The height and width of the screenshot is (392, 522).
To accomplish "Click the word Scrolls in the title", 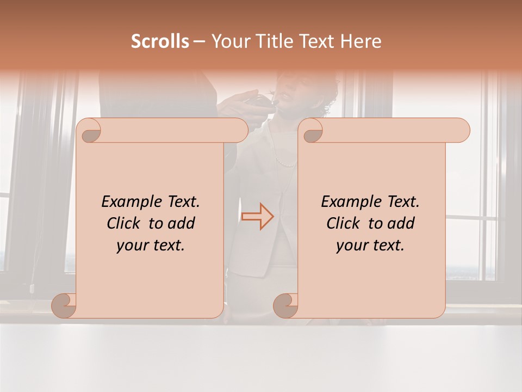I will [x=160, y=41].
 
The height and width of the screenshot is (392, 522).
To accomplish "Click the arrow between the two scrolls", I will [x=258, y=216].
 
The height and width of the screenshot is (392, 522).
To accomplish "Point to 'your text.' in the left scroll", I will [x=151, y=246].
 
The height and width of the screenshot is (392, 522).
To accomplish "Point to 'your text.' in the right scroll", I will [x=370, y=246].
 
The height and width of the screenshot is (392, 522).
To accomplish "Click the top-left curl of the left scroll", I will [x=89, y=131].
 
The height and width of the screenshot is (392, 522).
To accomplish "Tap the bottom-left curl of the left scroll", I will [x=64, y=305].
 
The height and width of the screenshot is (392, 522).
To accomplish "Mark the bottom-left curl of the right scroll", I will [x=285, y=305].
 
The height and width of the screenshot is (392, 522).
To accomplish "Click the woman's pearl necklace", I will [x=285, y=161].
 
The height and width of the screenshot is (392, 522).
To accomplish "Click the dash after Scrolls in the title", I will [x=199, y=42].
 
